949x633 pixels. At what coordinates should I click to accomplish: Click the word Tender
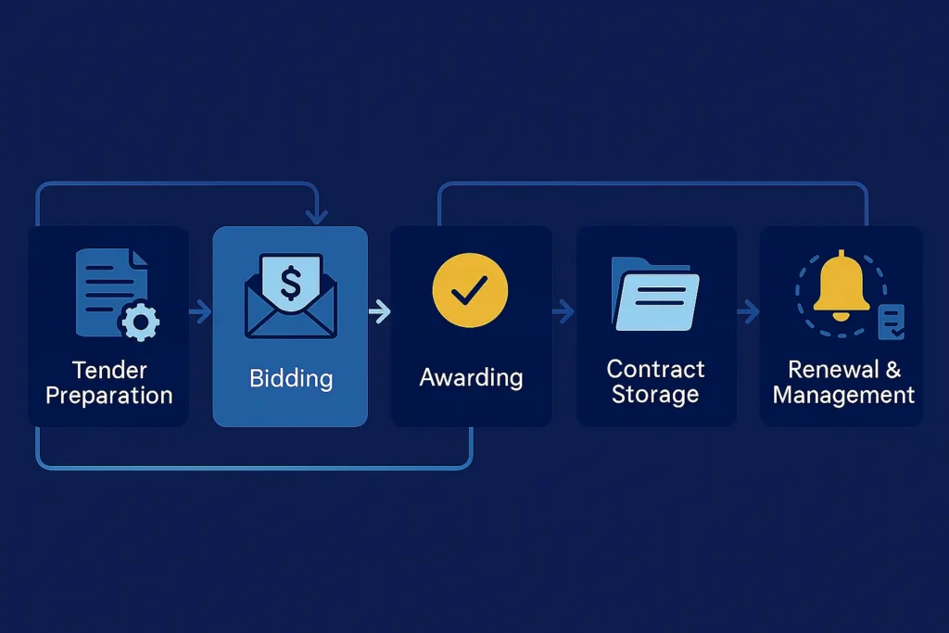pyautogui.click(x=109, y=371)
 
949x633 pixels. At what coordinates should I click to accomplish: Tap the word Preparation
pyautogui.click(x=109, y=396)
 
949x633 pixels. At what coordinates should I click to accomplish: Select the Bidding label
pyautogui.click(x=290, y=378)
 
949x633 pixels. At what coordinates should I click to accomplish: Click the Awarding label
pyautogui.click(x=471, y=378)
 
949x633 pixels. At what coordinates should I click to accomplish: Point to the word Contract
pyautogui.click(x=655, y=369)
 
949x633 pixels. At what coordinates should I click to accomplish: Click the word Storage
pyautogui.click(x=655, y=395)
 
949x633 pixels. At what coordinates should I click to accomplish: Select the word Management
pyautogui.click(x=843, y=395)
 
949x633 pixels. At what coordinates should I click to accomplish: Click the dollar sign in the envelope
pyautogui.click(x=290, y=284)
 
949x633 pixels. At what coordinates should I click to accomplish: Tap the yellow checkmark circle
pyautogui.click(x=470, y=291)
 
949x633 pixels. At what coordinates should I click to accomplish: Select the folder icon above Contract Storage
pyautogui.click(x=655, y=293)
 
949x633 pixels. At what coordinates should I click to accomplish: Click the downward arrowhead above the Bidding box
pyautogui.click(x=317, y=217)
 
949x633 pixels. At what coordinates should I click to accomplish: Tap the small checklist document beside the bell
pyautogui.click(x=892, y=321)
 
